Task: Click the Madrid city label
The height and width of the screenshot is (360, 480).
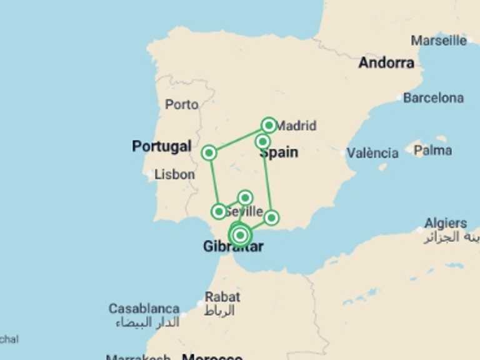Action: coord(296,126)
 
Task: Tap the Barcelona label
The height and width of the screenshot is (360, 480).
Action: coord(433,98)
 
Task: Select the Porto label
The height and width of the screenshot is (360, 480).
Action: coord(181,104)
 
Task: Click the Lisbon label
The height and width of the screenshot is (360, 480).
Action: coord(174,174)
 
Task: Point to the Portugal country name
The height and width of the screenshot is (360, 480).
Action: coord(161,146)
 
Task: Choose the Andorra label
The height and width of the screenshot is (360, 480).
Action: coord(386,62)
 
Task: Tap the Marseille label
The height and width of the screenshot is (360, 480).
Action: coord(438,41)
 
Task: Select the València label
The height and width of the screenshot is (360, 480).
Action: coord(372,153)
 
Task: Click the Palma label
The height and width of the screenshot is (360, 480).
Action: coord(432,151)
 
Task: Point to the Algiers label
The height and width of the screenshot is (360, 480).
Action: coord(445,223)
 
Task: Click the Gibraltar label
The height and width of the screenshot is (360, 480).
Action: coord(233,247)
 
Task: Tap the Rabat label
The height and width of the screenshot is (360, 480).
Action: coord(222,297)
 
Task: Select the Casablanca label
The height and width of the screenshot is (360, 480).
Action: coord(144,309)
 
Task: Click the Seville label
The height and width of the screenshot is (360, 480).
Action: coord(244,212)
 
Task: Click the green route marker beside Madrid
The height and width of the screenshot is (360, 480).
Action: coord(269,125)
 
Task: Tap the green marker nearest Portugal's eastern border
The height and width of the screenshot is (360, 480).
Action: coord(209,152)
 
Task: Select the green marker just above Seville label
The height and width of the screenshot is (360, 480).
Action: coord(245,197)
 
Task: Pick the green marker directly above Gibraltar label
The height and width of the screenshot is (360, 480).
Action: coord(239,234)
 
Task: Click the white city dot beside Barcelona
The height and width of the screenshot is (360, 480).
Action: coord(399,98)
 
